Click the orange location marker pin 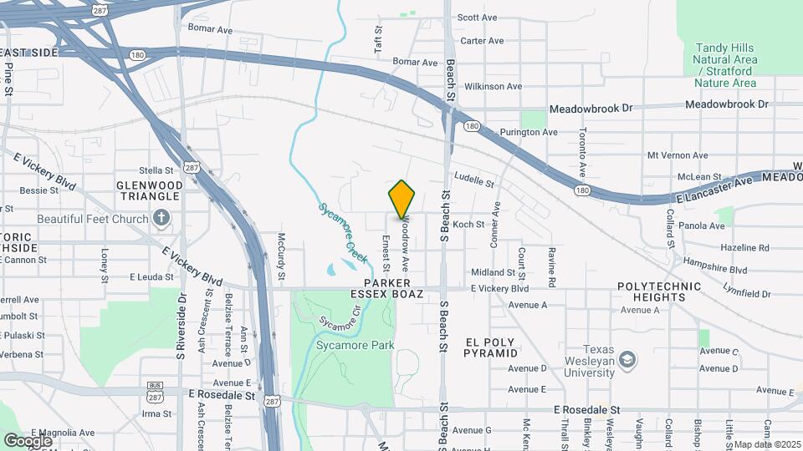click(x=402, y=200)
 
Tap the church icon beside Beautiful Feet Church click(x=163, y=219)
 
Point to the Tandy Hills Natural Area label click(x=725, y=60)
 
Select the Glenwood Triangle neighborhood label click(x=149, y=190)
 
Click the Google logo click(x=28, y=440)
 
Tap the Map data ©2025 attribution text click(x=765, y=444)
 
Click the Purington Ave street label click(x=528, y=132)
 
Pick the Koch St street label click(x=468, y=224)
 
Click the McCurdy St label click(x=282, y=256)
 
